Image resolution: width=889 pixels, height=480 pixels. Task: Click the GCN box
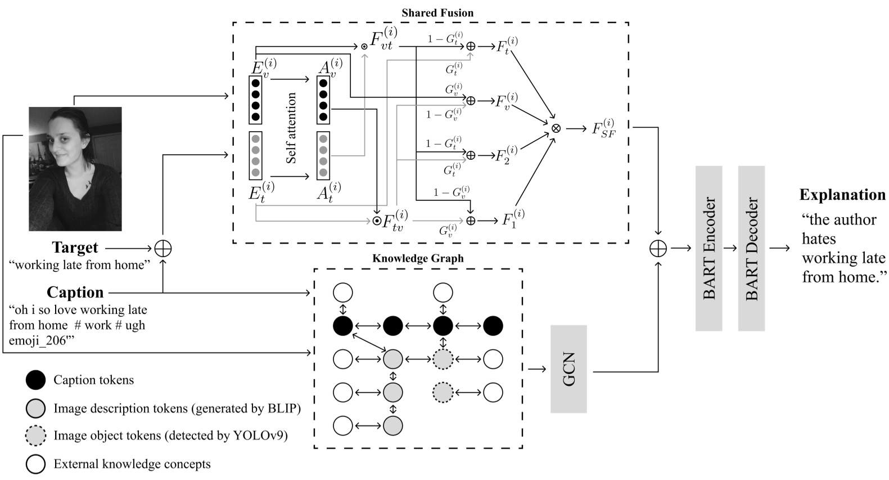click(x=568, y=369)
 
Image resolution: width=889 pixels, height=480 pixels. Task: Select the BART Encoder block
click(x=709, y=248)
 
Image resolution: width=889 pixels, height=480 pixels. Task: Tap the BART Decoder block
click(x=751, y=248)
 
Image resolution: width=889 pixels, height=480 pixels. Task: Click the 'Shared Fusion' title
click(x=437, y=12)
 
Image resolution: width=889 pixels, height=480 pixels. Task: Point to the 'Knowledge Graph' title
click(x=418, y=258)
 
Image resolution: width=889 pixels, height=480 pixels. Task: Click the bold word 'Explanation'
click(x=842, y=195)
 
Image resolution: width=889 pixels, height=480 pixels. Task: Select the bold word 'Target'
click(x=75, y=248)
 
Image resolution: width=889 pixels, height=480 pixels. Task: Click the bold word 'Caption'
click(x=75, y=292)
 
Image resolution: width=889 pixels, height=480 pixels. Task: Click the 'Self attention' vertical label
click(x=291, y=128)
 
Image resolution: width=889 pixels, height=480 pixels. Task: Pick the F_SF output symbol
click(x=603, y=129)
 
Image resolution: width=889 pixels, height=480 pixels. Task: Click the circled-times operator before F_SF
click(x=556, y=128)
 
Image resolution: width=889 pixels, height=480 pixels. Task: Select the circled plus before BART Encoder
click(x=658, y=248)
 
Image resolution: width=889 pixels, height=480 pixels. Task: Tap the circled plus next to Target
click(x=163, y=248)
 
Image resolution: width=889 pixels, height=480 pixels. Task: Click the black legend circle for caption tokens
click(x=35, y=380)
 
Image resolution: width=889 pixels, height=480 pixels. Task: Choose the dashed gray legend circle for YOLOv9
click(x=35, y=436)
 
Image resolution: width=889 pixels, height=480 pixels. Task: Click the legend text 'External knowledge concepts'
click(x=132, y=464)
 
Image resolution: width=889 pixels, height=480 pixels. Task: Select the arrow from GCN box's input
click(x=537, y=369)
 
